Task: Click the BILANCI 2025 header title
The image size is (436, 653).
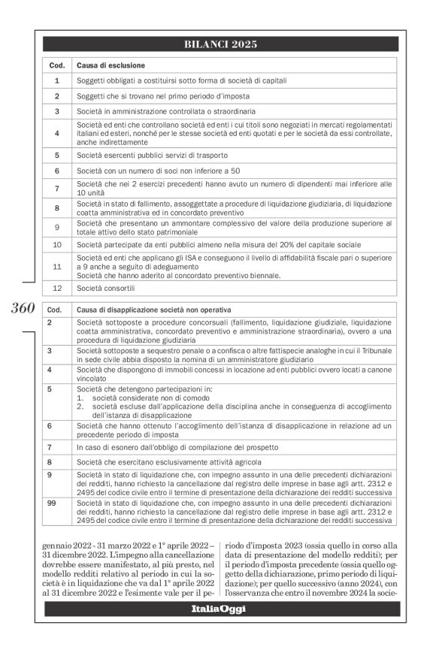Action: pyautogui.click(x=220, y=44)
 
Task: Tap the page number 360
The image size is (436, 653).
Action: pyautogui.click(x=24, y=309)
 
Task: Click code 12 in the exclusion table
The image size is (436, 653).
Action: pyautogui.click(x=56, y=289)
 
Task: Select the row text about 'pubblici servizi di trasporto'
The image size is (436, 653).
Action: pyautogui.click(x=155, y=154)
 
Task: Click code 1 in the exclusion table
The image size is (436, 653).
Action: pyautogui.click(x=56, y=80)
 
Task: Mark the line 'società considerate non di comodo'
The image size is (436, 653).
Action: pyautogui.click(x=150, y=398)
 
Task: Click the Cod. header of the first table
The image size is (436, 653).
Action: pyautogui.click(x=56, y=65)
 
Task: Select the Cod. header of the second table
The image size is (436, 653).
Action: pyautogui.click(x=53, y=310)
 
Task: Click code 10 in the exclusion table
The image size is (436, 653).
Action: pyautogui.click(x=56, y=244)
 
